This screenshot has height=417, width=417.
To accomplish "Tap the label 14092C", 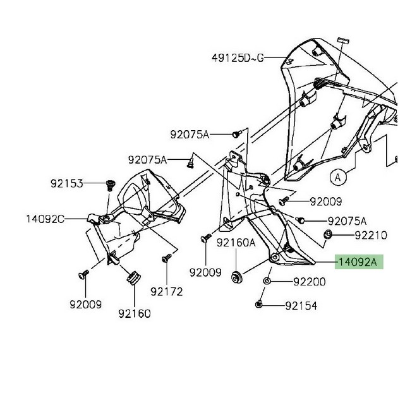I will coord(45,219).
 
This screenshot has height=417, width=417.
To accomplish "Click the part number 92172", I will coord(167,291).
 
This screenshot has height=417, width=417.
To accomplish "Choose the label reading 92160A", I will coord(236,242).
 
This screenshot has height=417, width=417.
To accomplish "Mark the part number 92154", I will coord(301,306).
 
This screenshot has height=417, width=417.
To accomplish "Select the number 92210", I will coord(370,235).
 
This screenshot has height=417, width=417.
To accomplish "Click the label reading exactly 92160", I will coord(135,313).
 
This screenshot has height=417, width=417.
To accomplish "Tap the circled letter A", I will coord(338,178).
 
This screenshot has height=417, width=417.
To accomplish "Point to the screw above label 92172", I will coord(166,258).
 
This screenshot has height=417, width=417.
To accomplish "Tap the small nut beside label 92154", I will coord(260,306).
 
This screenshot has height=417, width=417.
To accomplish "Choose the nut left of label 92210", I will coord(329,236).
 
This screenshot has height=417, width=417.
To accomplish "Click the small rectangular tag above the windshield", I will coord(344,40).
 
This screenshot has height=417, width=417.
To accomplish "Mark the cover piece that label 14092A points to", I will coord(278,243).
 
